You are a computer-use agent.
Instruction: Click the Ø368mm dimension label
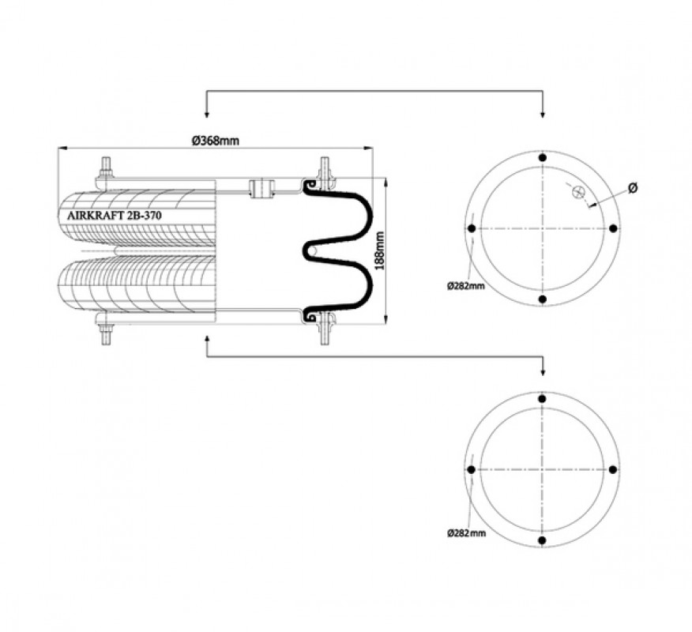pyautogui.click(x=216, y=141)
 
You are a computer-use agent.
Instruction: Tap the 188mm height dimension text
pyautogui.click(x=379, y=251)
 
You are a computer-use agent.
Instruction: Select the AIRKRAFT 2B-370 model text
pyautogui.click(x=115, y=216)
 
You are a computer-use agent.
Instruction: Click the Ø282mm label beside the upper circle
pyautogui.click(x=465, y=286)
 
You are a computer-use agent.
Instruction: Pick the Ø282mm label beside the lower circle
pyautogui.click(x=467, y=533)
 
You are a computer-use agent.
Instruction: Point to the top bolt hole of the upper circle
pyautogui.click(x=543, y=157)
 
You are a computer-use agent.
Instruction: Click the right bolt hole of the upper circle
pyautogui.click(x=612, y=228)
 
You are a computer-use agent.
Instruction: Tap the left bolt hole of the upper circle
pyautogui.click(x=472, y=228)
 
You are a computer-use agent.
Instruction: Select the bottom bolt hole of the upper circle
pyautogui.click(x=543, y=299)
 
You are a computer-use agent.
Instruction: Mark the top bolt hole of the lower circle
pyautogui.click(x=543, y=399)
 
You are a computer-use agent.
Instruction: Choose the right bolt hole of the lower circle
pyautogui.click(x=612, y=469)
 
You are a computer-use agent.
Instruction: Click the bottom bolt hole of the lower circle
pyautogui.click(x=543, y=540)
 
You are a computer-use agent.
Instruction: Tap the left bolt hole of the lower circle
pyautogui.click(x=472, y=469)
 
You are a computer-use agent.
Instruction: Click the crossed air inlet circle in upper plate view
pyautogui.click(x=577, y=192)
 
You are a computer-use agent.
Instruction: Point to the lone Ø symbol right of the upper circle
pyautogui.click(x=633, y=187)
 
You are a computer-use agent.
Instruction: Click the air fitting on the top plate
pyautogui.click(x=261, y=188)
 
